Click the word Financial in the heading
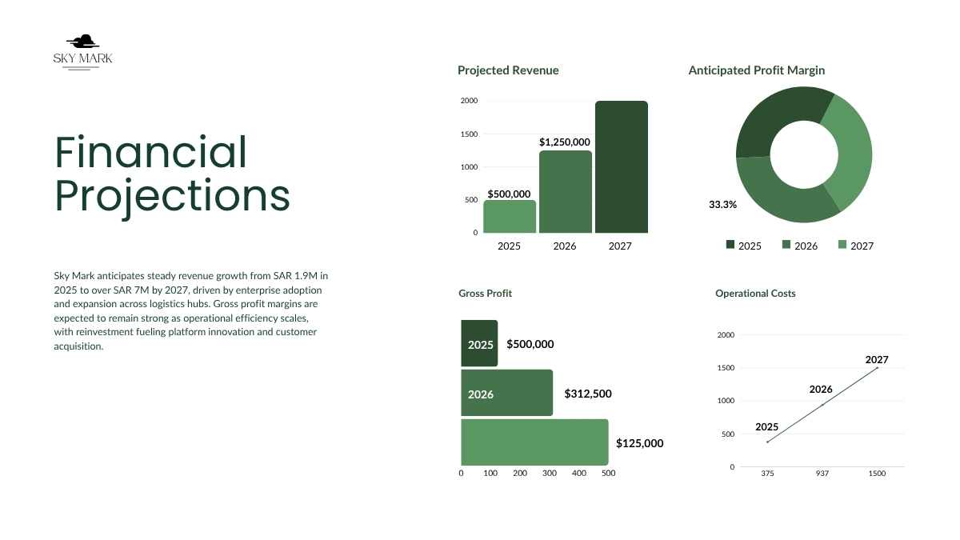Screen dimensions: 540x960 tap(151, 152)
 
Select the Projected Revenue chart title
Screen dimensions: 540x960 tap(508, 70)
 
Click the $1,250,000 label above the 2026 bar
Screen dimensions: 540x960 tap(565, 142)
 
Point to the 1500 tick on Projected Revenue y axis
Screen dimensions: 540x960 tap(469, 134)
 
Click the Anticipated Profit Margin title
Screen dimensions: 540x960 tap(756, 70)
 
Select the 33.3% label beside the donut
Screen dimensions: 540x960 tap(722, 204)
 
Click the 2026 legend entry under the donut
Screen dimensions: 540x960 tap(799, 246)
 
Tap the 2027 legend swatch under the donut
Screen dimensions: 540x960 tap(842, 245)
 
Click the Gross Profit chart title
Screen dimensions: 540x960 tap(485, 294)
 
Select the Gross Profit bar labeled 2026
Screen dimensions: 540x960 tap(506, 393)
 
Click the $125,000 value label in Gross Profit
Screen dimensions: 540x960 tap(639, 443)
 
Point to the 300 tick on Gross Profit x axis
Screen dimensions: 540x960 tap(550, 474)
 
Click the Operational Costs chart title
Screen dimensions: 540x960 tap(755, 294)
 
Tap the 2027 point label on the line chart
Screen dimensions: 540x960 tap(877, 360)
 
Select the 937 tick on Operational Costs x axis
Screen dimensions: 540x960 tap(822, 474)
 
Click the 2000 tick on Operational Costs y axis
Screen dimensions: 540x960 tap(726, 335)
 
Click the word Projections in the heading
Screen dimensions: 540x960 tap(172, 196)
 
